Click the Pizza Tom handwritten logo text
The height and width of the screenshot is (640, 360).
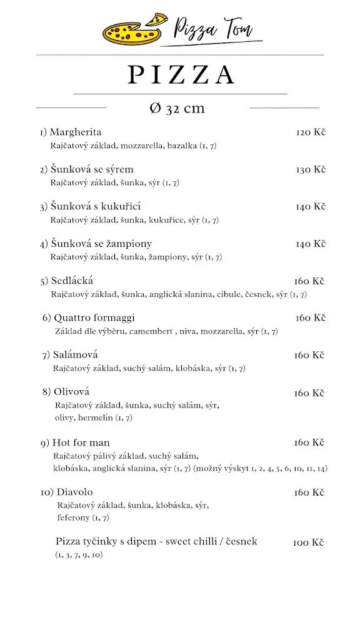211,29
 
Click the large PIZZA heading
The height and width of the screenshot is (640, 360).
181,74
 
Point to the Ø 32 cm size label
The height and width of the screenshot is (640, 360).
177,108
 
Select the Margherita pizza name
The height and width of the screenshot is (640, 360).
75,132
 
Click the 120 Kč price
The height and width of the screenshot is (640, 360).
311,132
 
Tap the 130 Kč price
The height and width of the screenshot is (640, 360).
311,169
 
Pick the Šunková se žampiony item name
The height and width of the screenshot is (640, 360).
101,243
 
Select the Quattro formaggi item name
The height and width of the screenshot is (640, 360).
94,317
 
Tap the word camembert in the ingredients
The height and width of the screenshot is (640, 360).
150,331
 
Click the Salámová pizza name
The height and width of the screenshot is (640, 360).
75,355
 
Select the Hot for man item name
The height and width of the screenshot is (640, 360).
81,442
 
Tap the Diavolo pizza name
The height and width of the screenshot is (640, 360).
74,492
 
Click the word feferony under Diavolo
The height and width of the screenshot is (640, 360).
74,517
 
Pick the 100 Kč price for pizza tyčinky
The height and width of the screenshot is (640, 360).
308,542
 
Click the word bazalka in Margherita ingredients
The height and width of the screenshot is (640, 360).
181,146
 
